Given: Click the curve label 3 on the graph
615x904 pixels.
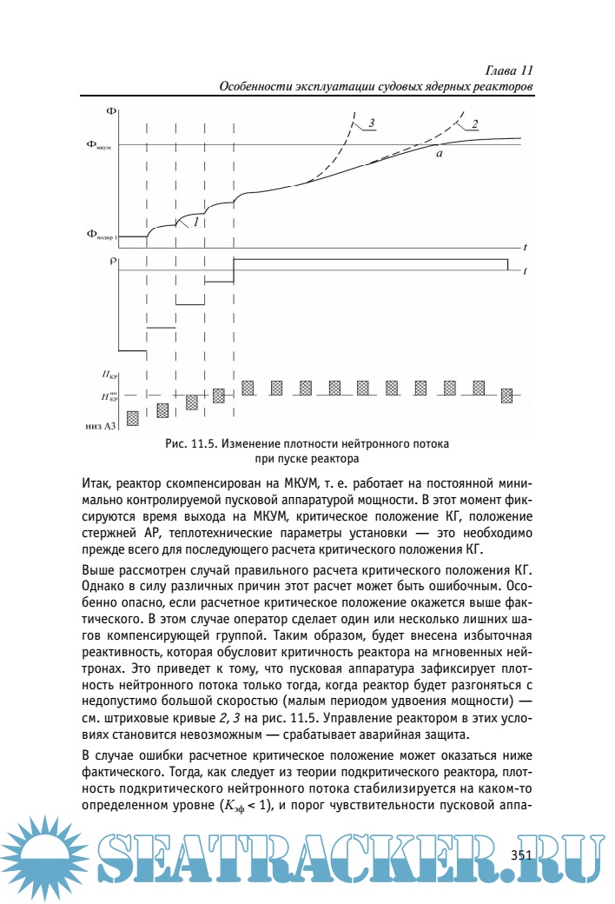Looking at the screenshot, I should pos(371,123).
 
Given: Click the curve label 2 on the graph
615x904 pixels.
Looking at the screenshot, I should pos(475,123).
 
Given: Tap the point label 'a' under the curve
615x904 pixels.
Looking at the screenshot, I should pos(440,154).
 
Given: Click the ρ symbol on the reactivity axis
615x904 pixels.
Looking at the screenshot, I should pos(113,260).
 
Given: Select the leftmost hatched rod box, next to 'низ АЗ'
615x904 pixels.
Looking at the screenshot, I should pos(133,418).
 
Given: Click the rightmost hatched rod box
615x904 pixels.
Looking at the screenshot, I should pos(506,395).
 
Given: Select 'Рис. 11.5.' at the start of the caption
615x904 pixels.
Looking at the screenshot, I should pos(189,444).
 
